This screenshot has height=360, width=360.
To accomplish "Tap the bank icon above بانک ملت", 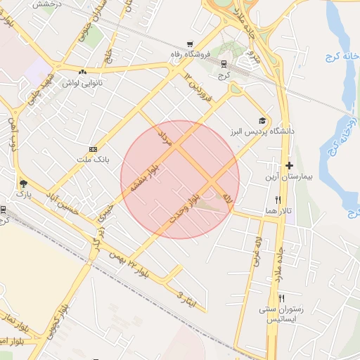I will (x=93, y=149).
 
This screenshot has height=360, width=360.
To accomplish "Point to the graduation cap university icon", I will (x=262, y=121).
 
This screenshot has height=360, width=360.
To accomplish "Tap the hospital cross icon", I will (x=289, y=165).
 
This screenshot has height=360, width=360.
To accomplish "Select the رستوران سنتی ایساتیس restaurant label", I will (x=281, y=314).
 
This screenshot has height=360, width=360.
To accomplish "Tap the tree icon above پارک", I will (x=23, y=181).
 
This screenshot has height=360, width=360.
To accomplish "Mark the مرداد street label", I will (x=165, y=136).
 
